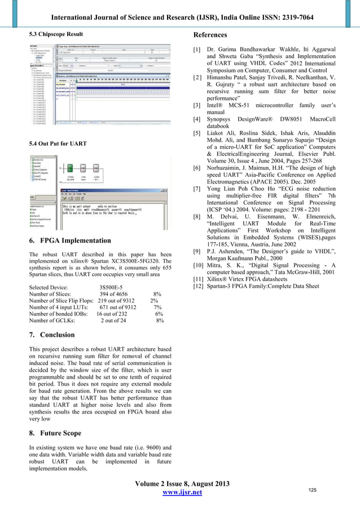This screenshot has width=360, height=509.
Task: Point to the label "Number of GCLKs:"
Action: pos(55,321)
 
